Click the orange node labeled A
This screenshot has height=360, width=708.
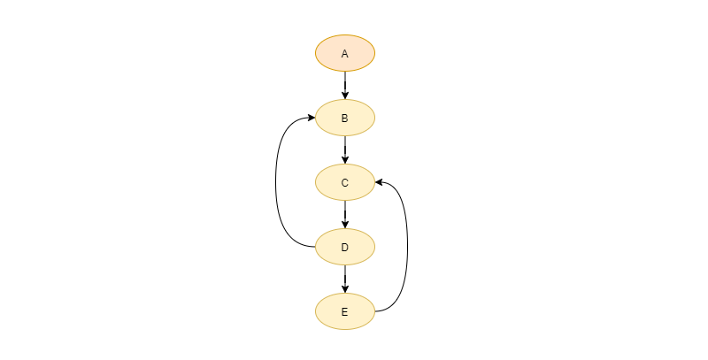[345, 53]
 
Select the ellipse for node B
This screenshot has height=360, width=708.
[345, 118]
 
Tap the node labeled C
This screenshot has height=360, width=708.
[345, 182]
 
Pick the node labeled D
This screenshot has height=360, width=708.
[345, 247]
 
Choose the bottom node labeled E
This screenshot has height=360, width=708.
[345, 311]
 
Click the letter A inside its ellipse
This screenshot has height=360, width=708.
[345, 54]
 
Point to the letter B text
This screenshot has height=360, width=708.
[345, 119]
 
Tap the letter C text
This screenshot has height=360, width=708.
[345, 183]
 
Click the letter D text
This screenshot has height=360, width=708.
[345, 248]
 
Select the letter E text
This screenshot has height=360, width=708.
[345, 312]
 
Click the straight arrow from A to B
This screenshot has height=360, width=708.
[345, 85]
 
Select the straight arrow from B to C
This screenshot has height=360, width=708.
[345, 149]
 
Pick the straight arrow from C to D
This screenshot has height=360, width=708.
[345, 214]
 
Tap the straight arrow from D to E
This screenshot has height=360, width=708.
[345, 279]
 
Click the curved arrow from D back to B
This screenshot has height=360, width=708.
[276, 182]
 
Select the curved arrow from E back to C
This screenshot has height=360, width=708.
[408, 247]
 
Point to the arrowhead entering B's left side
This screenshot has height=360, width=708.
[312, 118]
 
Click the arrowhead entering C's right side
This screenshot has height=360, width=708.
[380, 182]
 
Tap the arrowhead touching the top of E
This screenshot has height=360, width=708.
[345, 288]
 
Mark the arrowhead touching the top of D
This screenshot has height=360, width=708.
[345, 224]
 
